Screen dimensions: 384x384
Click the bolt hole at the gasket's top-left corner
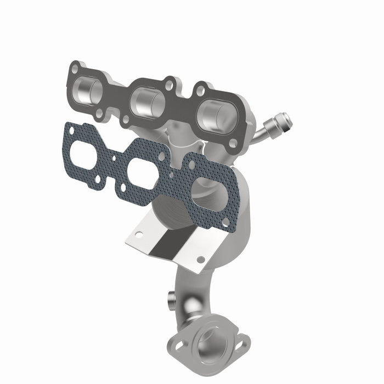coord(70,130)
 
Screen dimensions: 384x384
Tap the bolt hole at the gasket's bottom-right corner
coord(225,222)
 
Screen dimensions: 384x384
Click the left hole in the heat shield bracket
coord(138,234)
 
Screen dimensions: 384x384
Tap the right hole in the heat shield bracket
coord(201,259)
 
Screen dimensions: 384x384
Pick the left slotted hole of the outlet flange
coord(179,343)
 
